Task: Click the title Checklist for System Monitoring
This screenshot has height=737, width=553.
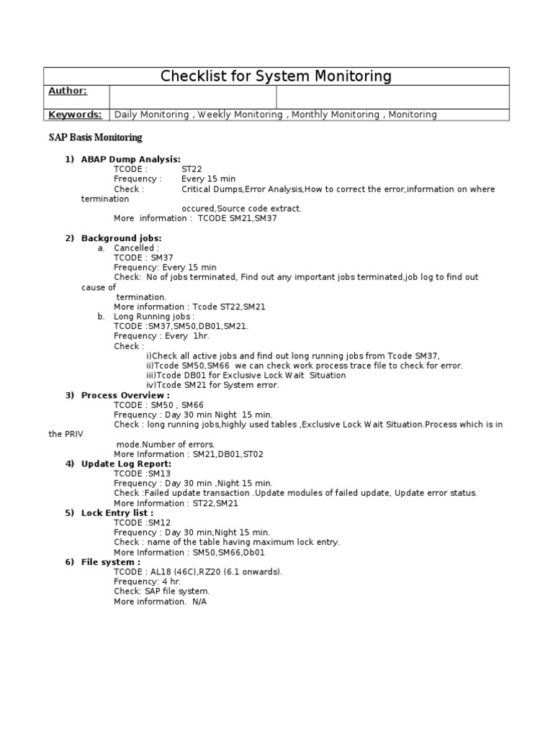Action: coord(276,76)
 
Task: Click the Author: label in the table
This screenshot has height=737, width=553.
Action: coord(68,91)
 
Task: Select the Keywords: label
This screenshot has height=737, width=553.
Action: coord(74,114)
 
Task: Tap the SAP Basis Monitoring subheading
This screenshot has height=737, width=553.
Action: coord(95,137)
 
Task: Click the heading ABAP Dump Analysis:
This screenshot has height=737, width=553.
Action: coord(130,159)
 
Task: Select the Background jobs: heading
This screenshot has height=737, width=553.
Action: coord(121,238)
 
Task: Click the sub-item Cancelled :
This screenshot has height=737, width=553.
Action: coord(137,248)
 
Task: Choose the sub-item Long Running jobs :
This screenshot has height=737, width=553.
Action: coord(154,316)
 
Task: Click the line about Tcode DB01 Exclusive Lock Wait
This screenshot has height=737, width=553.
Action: coord(246,375)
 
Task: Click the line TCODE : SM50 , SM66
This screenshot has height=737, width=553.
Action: coord(158,405)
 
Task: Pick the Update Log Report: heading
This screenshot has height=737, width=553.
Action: coord(126,464)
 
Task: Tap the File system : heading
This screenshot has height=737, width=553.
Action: coord(110,562)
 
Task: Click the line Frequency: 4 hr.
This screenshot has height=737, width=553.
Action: coord(147,582)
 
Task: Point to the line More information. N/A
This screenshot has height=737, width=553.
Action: coord(160,601)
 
